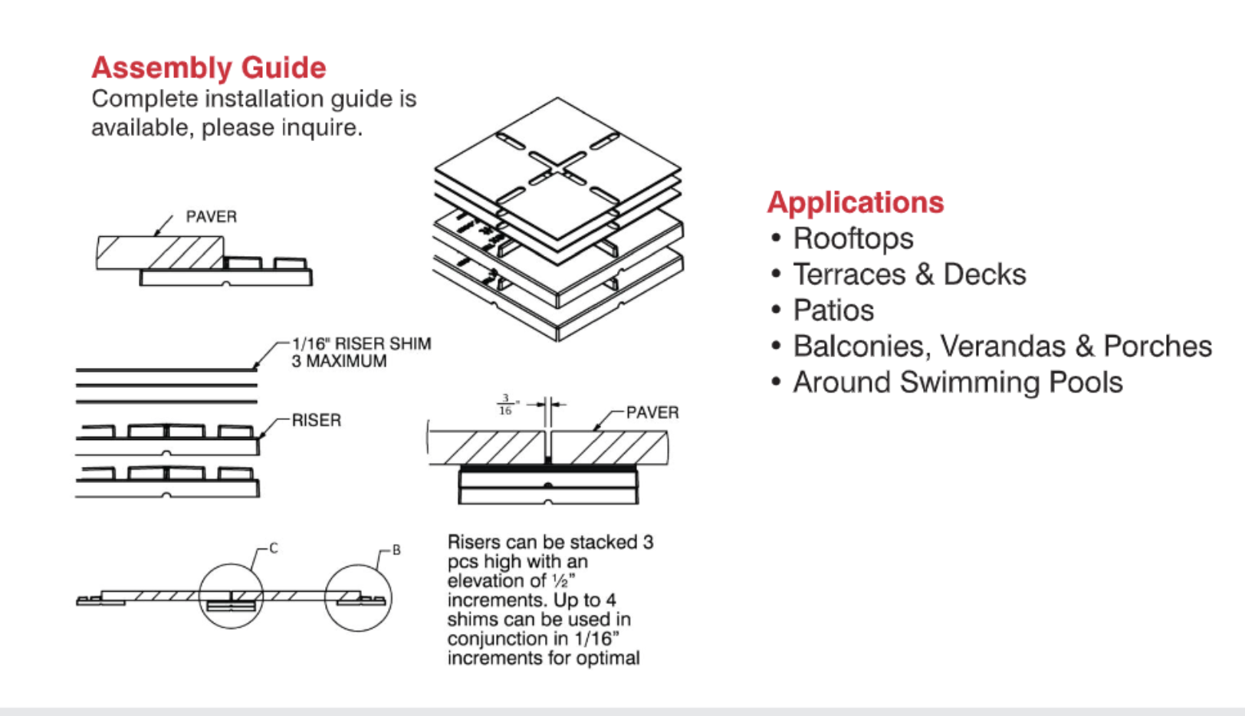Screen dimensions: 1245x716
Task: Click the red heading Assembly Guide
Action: click(x=209, y=67)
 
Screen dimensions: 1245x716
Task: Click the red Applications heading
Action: click(x=856, y=202)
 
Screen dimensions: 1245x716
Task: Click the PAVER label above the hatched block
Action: click(x=212, y=217)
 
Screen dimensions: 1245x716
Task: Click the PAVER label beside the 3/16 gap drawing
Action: click(x=652, y=412)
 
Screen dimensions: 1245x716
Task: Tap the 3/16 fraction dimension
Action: click(x=505, y=405)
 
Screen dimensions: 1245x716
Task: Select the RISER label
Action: click(x=317, y=420)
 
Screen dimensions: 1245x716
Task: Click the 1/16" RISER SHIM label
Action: click(x=361, y=343)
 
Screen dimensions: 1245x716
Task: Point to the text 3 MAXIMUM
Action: click(x=339, y=361)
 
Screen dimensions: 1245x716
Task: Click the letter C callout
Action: click(x=274, y=549)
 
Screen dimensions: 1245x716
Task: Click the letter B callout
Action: click(x=396, y=550)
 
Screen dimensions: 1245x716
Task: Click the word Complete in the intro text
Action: click(x=145, y=100)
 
